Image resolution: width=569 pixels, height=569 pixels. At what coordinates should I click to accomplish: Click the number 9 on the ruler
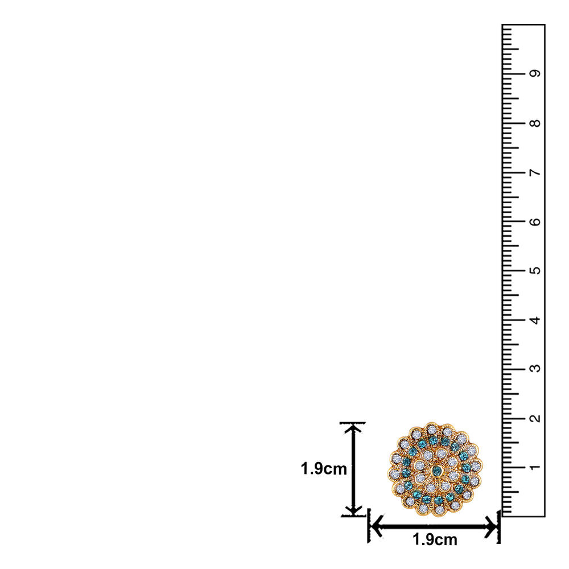[534, 73]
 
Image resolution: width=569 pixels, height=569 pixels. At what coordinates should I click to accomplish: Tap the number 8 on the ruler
[534, 123]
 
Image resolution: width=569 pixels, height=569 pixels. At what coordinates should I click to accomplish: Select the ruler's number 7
[534, 172]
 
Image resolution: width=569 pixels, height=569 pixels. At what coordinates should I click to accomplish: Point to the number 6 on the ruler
[534, 221]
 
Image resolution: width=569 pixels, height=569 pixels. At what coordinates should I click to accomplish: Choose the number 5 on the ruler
[534, 270]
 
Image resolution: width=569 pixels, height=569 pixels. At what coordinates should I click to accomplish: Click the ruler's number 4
[534, 320]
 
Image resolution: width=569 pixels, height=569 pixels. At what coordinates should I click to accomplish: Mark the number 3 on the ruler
[534, 368]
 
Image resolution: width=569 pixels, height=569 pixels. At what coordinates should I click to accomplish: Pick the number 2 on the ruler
[534, 418]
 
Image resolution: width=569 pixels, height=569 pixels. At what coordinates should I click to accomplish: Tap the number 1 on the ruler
[534, 467]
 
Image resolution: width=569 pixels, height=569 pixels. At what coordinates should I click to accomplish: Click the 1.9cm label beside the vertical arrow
[324, 469]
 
